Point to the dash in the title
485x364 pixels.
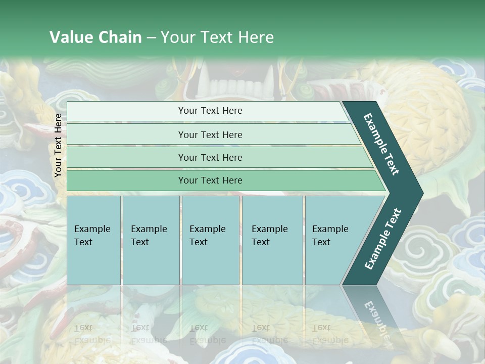click(x=151, y=38)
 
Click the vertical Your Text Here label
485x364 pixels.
click(x=58, y=145)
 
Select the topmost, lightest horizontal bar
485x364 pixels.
click(x=207, y=111)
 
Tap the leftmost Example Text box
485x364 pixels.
click(x=93, y=240)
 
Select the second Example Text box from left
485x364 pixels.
click(x=151, y=240)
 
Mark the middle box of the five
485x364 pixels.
click(x=210, y=240)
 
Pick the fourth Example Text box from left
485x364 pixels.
click(x=272, y=240)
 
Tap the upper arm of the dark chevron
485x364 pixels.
click(x=381, y=144)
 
